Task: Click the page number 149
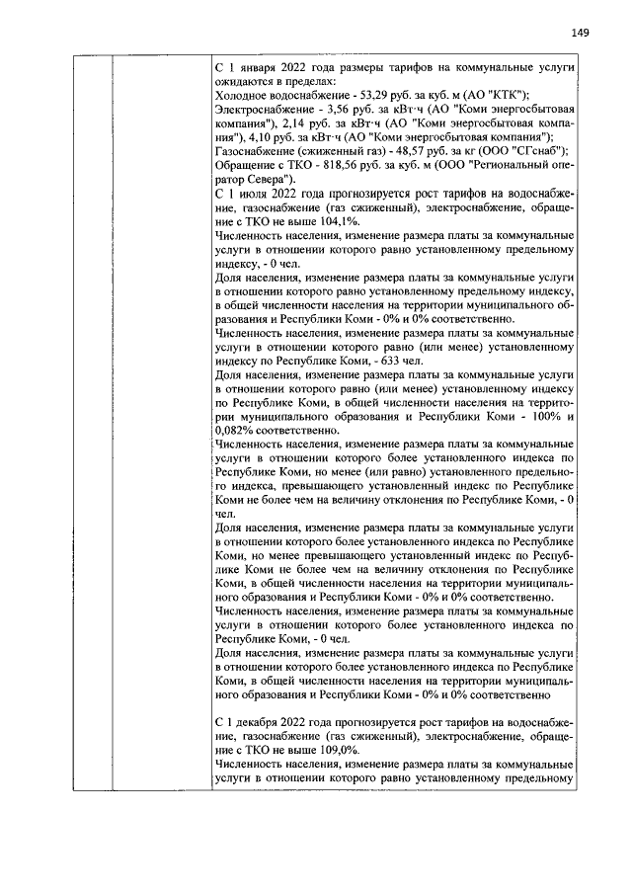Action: (580, 33)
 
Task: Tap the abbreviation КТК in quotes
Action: (479, 94)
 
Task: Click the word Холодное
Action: (241, 94)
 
